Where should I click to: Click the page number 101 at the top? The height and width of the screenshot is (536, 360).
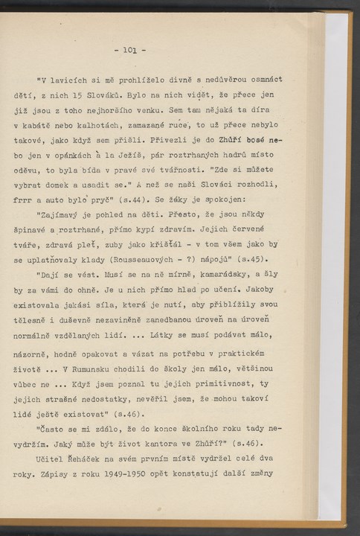coord(135,52)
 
